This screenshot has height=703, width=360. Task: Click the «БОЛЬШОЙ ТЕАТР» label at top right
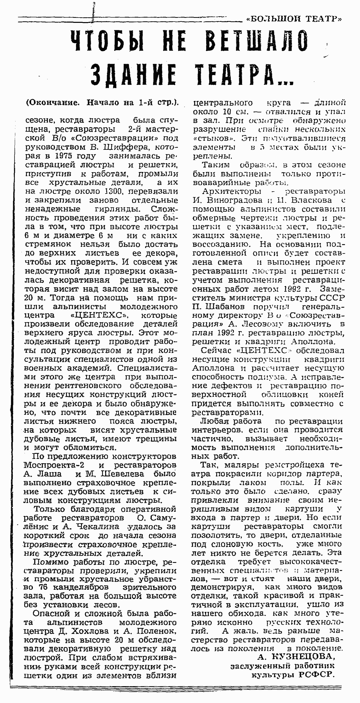294,19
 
